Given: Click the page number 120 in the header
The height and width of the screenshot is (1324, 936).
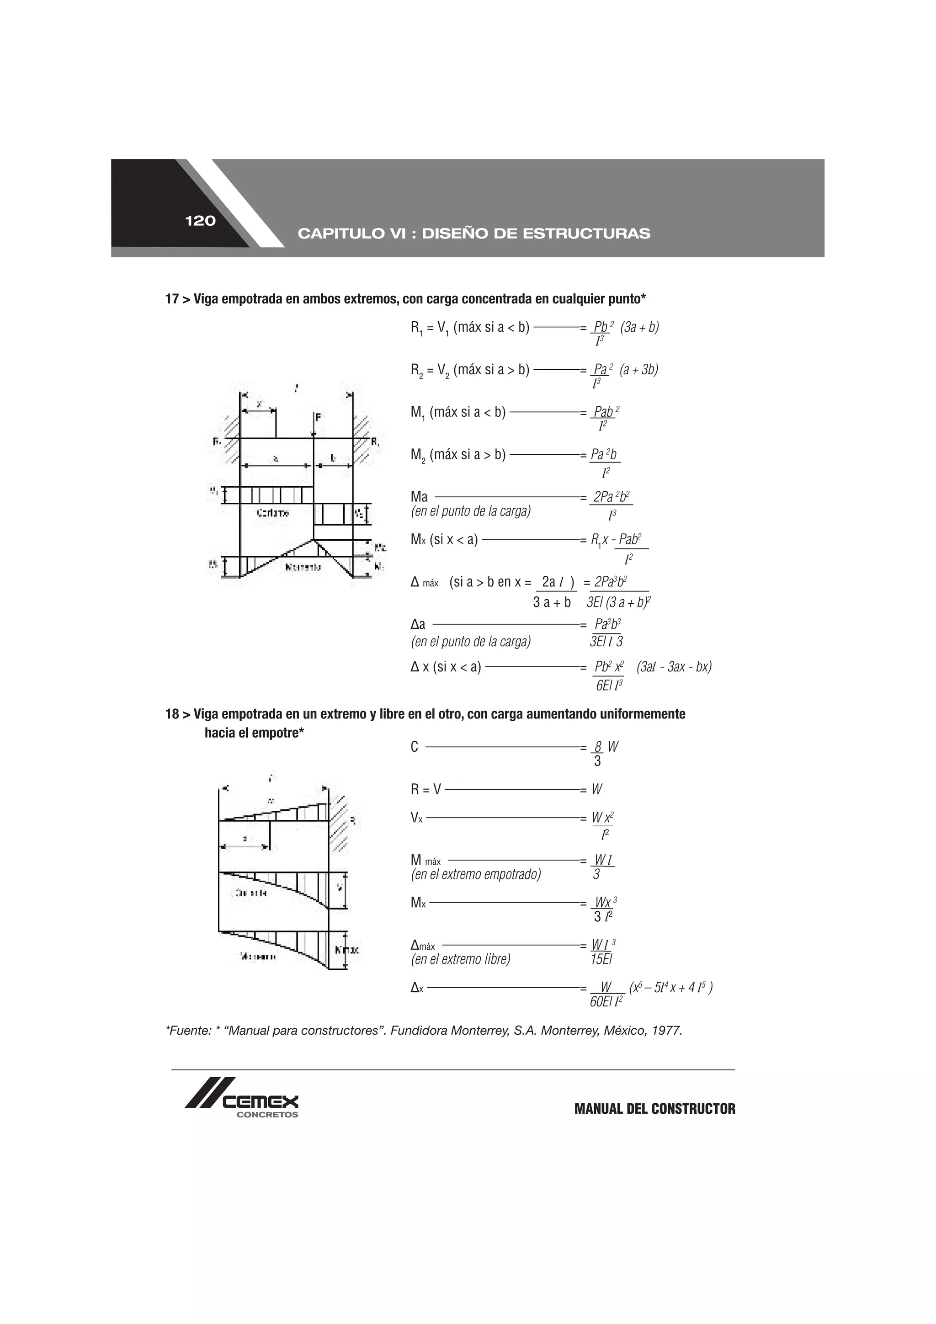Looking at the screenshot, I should [200, 221].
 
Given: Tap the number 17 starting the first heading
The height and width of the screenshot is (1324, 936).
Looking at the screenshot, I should [171, 299].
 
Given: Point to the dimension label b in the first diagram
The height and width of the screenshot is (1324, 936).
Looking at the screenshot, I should [333, 458].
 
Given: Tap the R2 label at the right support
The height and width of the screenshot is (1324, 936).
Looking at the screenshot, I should [375, 443].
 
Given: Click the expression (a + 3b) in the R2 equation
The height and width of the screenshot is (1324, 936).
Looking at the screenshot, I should [639, 370].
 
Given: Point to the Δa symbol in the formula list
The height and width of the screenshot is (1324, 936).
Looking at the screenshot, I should [418, 624].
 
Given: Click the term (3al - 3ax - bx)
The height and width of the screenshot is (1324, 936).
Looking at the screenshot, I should [674, 667].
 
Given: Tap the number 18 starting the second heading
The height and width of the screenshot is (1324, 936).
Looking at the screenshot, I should [171, 714].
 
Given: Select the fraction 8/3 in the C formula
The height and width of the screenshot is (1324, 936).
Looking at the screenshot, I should [597, 754].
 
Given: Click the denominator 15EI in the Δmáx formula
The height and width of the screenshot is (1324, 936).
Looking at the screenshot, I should [601, 959].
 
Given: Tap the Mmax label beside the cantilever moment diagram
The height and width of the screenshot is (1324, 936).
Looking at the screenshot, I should [346, 949].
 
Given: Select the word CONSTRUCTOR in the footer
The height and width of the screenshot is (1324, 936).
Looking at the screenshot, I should [693, 1109].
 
